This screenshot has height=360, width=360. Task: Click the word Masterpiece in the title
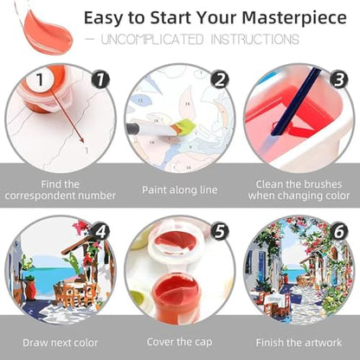pyautogui.click(x=294, y=18)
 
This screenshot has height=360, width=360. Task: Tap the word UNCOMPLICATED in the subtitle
pyautogui.click(x=152, y=40)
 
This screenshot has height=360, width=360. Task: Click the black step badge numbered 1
pyautogui.click(x=100, y=80)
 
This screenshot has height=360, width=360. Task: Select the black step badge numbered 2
pyautogui.click(x=220, y=80)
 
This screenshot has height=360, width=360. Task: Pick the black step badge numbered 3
pyautogui.click(x=339, y=80)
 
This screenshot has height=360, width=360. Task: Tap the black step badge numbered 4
pyautogui.click(x=100, y=231)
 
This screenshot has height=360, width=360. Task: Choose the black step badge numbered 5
pyautogui.click(x=220, y=231)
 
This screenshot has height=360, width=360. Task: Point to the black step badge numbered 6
pyautogui.click(x=339, y=231)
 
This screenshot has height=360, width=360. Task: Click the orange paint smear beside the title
pyautogui.click(x=48, y=32)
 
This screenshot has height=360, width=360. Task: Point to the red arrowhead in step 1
pyautogui.click(x=82, y=140)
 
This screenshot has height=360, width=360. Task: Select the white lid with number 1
pyautogui.click(x=41, y=80)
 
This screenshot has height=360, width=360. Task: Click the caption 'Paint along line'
pyautogui.click(x=179, y=190)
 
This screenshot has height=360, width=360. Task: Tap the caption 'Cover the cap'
pyautogui.click(x=179, y=342)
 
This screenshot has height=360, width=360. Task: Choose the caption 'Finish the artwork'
pyautogui.click(x=299, y=343)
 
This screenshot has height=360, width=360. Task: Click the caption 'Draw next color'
pyautogui.click(x=61, y=343)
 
